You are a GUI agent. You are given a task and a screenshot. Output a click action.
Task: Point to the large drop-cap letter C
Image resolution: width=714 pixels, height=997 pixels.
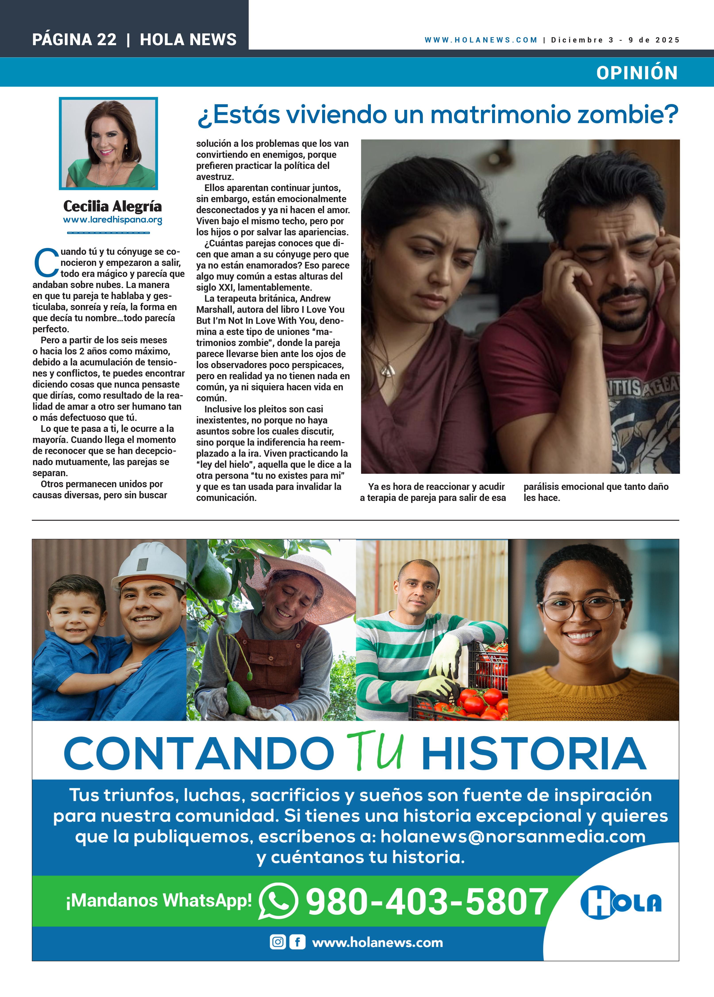[46, 263]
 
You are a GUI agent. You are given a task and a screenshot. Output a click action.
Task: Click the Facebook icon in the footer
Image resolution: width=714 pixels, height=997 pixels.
[297, 942]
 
